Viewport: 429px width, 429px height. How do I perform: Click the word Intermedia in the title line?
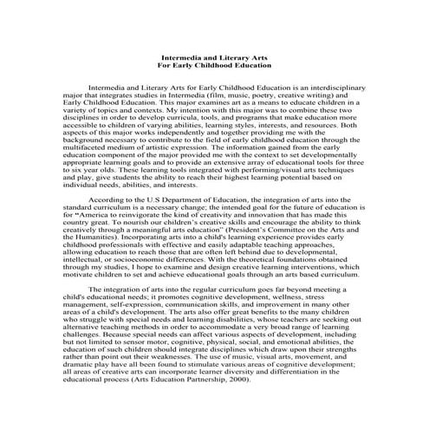pyautogui.click(x=174, y=56)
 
